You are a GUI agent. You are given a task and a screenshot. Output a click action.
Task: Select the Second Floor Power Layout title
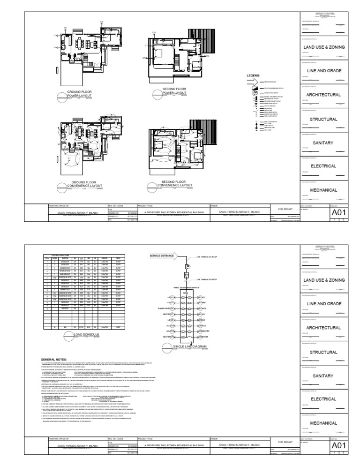[x=174, y=90]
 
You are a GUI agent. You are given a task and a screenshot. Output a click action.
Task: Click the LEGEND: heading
[x=253, y=75]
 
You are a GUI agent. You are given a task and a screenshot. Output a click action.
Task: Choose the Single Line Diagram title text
[x=189, y=346]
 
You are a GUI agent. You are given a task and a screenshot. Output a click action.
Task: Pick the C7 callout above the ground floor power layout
[x=101, y=23]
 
